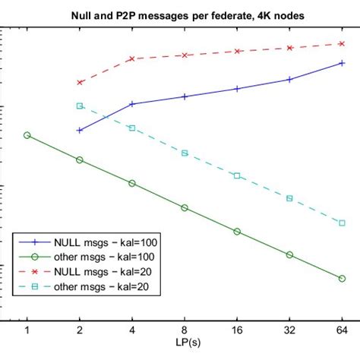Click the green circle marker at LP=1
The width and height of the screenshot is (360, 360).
pos(27,135)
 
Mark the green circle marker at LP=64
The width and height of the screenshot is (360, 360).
pos(342,278)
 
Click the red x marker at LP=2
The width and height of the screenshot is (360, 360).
pos(80,82)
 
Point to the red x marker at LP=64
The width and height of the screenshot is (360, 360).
pos(342,43)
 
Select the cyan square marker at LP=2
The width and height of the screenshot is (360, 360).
pos(80,106)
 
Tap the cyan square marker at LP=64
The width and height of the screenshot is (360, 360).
pos(342,223)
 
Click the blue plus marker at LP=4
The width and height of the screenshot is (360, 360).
pos(132,103)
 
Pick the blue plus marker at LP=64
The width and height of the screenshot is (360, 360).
pos(342,62)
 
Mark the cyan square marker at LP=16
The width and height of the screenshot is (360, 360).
pos(237,175)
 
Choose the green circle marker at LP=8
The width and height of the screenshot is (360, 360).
pos(185,207)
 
